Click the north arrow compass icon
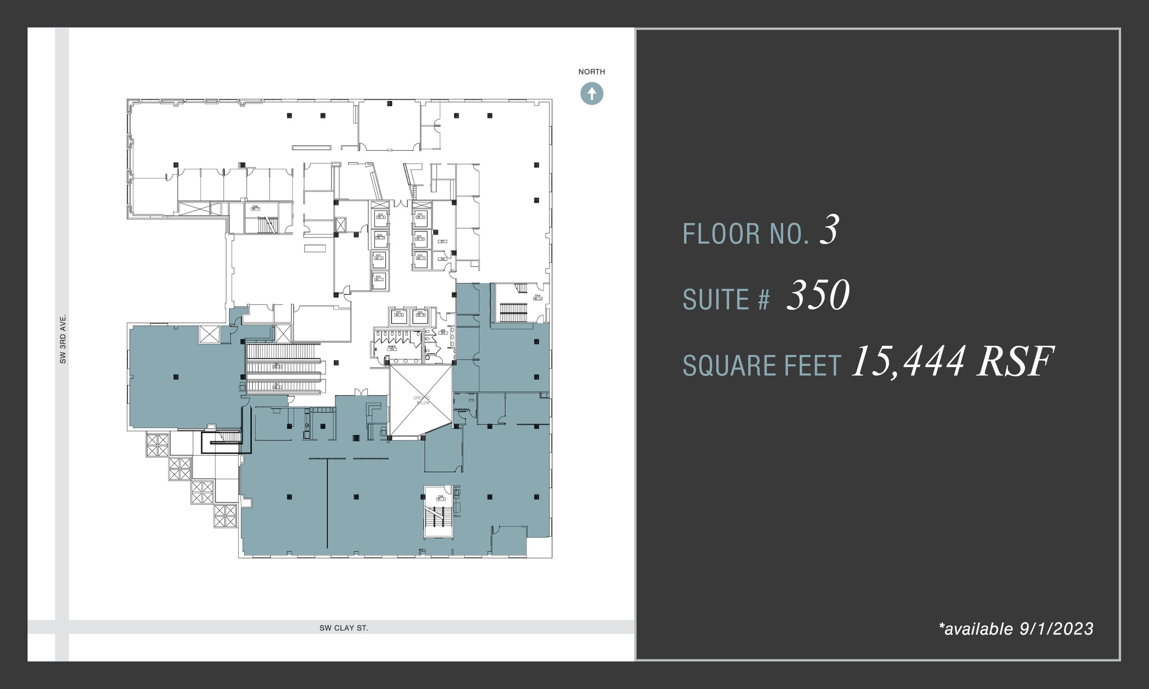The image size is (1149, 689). [x=591, y=94]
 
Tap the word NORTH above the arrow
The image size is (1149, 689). [x=591, y=72]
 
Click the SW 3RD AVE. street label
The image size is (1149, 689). [x=63, y=339]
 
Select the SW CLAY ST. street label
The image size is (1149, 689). [x=344, y=628]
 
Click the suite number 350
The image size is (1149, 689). [x=817, y=295]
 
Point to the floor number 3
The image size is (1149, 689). [x=829, y=230]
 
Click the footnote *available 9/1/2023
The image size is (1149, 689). [x=1016, y=629]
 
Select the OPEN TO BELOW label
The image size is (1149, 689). [x=422, y=400]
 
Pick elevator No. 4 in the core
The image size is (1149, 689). [x=381, y=217]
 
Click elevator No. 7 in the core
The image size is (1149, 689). [x=421, y=259]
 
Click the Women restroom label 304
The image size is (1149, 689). [x=392, y=348]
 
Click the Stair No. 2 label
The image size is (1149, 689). [x=537, y=297]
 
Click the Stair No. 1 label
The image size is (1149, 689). [x=255, y=208]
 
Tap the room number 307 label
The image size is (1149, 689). [x=443, y=242]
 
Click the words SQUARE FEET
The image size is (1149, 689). [x=762, y=366]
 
